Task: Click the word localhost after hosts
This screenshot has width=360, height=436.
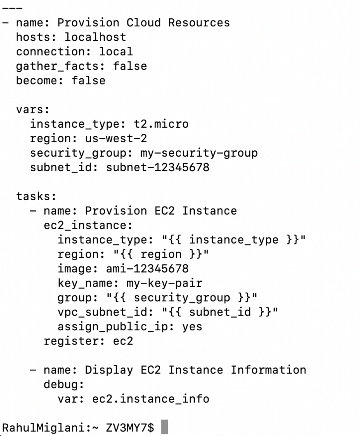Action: point(95,37)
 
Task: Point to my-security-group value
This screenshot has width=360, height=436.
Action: point(199,153)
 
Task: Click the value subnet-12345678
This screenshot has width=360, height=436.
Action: point(158,167)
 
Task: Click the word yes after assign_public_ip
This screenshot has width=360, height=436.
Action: point(192,327)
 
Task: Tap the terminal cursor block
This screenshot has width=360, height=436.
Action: point(164,427)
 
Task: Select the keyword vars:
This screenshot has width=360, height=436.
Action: point(33,109)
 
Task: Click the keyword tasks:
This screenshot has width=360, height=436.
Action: point(36,196)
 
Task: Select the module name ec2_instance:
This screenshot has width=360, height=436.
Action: point(88,225)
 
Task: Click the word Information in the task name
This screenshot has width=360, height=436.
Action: point(268,370)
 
